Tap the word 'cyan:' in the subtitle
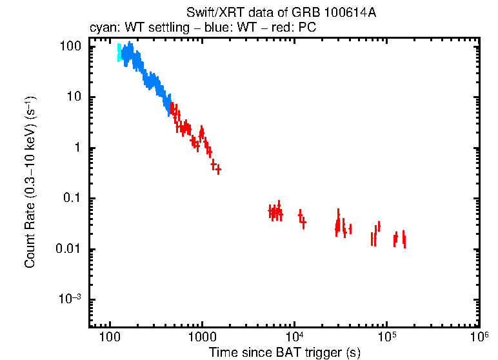click(x=102, y=28)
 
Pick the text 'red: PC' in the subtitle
click(x=296, y=28)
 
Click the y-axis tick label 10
click(x=75, y=97)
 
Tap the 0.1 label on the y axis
click(x=73, y=199)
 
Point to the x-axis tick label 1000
click(x=202, y=339)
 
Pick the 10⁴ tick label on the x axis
click(x=294, y=337)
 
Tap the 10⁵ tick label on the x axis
click(x=386, y=337)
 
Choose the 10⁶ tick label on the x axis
click(x=478, y=337)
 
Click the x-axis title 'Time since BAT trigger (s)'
click(x=284, y=352)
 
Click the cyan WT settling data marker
click(x=119, y=53)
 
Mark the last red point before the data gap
click(x=219, y=170)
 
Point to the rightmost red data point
click(x=404, y=240)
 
